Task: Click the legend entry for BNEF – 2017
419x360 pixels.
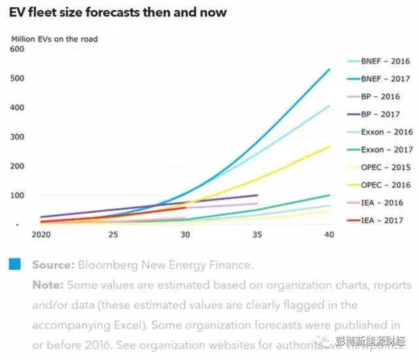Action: click(x=386, y=79)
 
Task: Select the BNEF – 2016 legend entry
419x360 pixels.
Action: click(x=386, y=62)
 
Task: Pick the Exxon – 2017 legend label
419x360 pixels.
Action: click(x=386, y=150)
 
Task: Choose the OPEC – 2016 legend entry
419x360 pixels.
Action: click(x=386, y=185)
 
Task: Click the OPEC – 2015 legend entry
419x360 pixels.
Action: click(x=386, y=168)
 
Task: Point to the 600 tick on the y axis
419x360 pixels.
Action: click(x=17, y=49)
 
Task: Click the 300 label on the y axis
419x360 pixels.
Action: click(x=17, y=137)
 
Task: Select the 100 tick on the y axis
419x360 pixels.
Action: click(x=17, y=195)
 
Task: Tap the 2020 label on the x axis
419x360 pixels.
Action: click(x=40, y=234)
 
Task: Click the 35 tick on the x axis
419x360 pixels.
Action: click(x=257, y=234)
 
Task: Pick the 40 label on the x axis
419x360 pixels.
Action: click(x=329, y=234)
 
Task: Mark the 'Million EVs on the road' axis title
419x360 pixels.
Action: click(x=54, y=39)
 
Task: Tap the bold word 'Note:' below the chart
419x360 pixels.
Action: click(x=47, y=285)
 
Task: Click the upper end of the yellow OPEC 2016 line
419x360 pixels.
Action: click(x=329, y=147)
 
